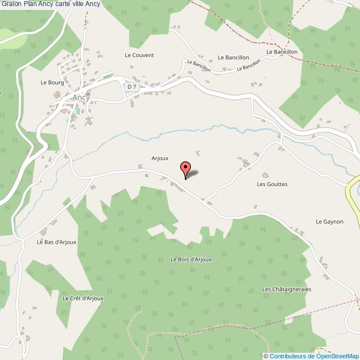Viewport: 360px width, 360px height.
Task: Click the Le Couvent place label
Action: point(139,55)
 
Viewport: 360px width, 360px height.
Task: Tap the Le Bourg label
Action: point(52,83)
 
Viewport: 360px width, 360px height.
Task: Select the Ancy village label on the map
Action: point(81,97)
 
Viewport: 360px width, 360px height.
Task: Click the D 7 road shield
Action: point(131,86)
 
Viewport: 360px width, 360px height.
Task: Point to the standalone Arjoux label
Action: point(160,158)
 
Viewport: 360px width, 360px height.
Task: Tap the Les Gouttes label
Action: point(272,184)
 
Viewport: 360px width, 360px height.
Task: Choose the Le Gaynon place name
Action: point(330,222)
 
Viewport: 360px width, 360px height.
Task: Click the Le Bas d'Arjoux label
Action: point(56,242)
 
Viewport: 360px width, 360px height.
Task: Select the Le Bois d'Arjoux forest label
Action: point(191,259)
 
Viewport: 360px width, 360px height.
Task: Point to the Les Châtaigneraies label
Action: point(287,289)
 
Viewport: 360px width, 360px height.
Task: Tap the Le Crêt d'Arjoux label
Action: point(80,298)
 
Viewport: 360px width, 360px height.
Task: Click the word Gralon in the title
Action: point(11,4)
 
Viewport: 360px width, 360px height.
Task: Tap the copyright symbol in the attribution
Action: point(266,356)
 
